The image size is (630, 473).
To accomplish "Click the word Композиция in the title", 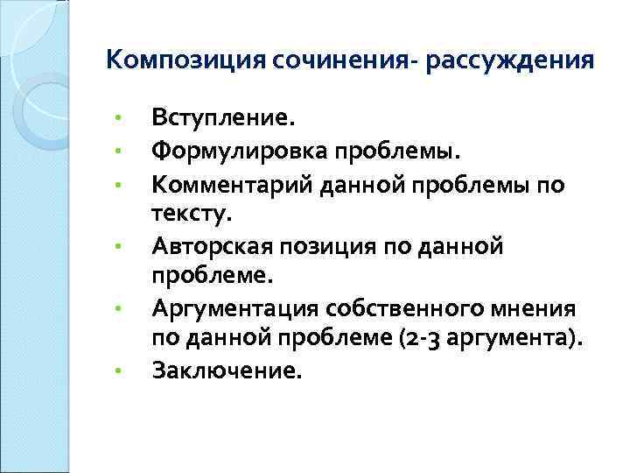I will pos(185,61).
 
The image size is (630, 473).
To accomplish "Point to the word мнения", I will pos(528,308).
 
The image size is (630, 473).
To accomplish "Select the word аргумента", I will pos(500,339).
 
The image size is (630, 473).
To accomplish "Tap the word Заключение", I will pos(227,371).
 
